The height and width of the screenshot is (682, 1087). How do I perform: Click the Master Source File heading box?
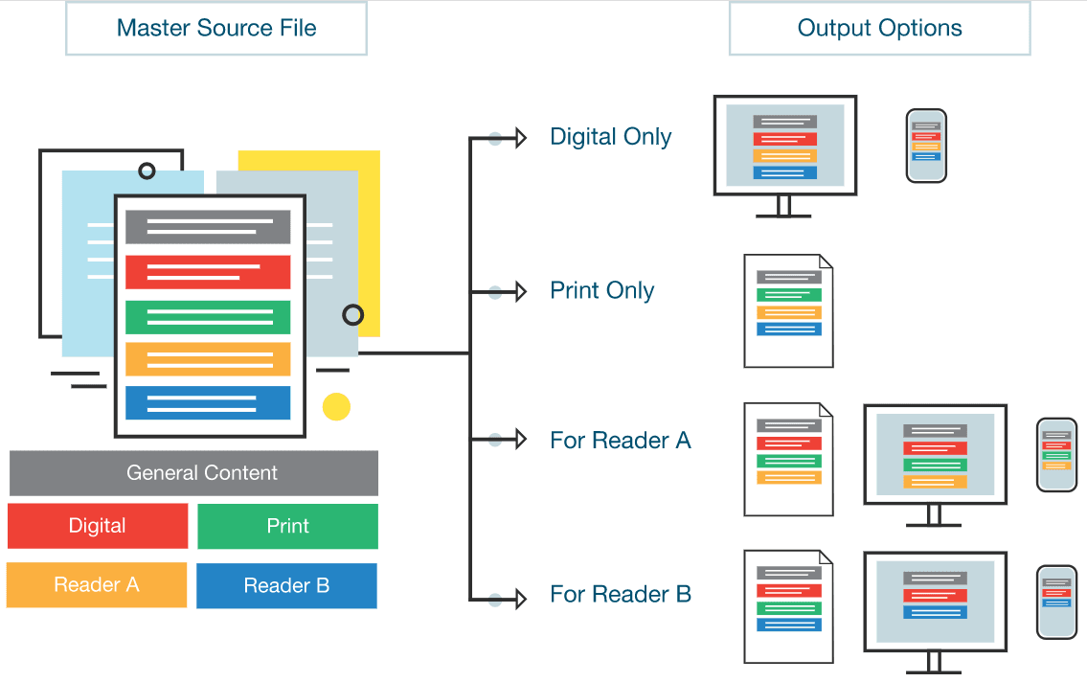tap(216, 28)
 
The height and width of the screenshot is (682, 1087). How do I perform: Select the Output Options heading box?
tap(879, 28)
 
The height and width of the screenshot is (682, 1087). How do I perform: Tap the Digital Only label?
tap(610, 137)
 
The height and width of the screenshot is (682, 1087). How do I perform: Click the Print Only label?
tap(601, 290)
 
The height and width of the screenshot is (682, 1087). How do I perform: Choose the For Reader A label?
tap(620, 441)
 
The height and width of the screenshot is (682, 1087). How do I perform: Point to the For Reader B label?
tap(620, 595)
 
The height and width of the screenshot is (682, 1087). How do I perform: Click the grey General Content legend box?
tap(193, 473)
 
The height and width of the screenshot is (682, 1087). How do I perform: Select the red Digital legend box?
tap(98, 526)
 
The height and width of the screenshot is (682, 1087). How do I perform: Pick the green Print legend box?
tap(287, 526)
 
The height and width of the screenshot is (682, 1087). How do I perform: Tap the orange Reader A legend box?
tap(97, 584)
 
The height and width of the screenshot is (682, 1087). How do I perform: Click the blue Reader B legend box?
tap(286, 585)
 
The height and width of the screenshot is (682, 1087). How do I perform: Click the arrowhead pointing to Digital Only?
tap(520, 138)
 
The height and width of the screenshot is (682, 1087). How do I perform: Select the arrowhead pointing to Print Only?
tap(520, 291)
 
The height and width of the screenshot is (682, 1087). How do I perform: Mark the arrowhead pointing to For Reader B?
tap(520, 600)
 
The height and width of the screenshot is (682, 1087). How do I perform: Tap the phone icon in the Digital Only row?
tap(926, 146)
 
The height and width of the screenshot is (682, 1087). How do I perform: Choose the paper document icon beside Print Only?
tap(788, 311)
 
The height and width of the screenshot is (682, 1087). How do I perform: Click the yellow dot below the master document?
tap(336, 406)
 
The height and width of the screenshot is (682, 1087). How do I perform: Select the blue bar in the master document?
tap(208, 403)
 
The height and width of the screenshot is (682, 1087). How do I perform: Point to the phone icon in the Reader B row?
tap(1056, 602)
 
